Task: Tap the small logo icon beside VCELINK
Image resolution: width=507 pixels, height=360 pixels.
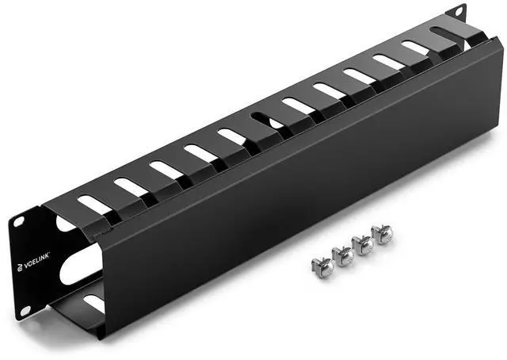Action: coord(20,266)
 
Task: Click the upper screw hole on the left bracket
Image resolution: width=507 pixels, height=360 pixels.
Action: coord(18,222)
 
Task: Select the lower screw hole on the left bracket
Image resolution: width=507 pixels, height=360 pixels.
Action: coord(25,311)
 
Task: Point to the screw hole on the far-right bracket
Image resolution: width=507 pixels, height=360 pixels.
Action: coord(459,11)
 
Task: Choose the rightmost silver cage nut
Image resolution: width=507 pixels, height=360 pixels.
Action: coord(383,233)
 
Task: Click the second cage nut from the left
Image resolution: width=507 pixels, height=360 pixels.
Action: coord(344,256)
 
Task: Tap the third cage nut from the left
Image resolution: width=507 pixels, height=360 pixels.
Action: coord(364,243)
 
